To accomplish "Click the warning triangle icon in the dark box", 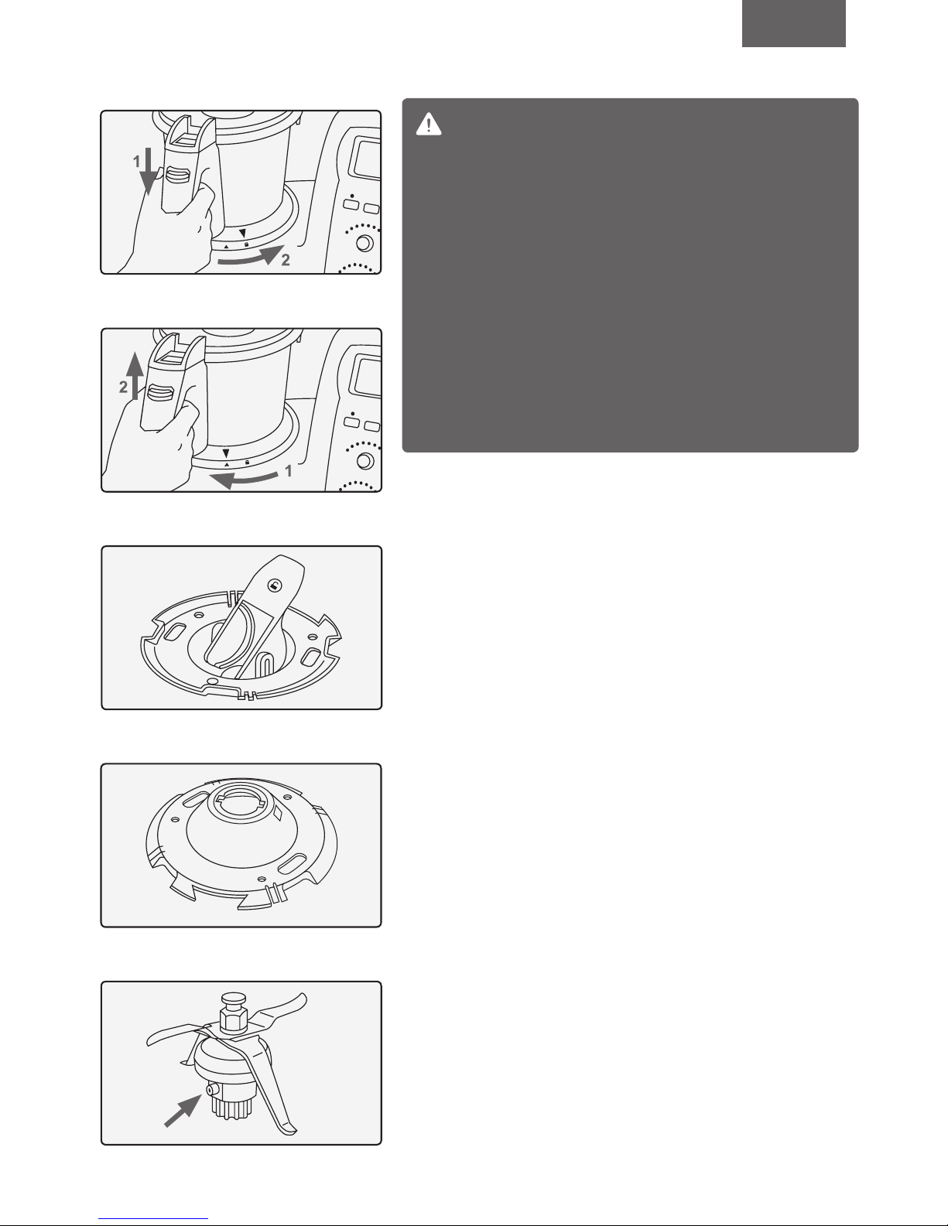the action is click(428, 125).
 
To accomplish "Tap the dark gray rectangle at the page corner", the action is click(793, 23).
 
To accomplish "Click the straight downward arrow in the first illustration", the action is click(148, 172).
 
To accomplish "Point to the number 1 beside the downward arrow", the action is click(136, 162).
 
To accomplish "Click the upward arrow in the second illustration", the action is click(135, 376).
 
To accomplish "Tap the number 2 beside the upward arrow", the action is click(123, 387).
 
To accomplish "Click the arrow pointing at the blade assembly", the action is click(183, 1111).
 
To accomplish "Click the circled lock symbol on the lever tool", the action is click(274, 586).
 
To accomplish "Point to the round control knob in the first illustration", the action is click(365, 243).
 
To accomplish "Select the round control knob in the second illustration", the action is click(365, 460).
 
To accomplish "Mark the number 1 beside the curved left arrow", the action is click(289, 471).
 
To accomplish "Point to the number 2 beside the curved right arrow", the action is click(286, 260).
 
